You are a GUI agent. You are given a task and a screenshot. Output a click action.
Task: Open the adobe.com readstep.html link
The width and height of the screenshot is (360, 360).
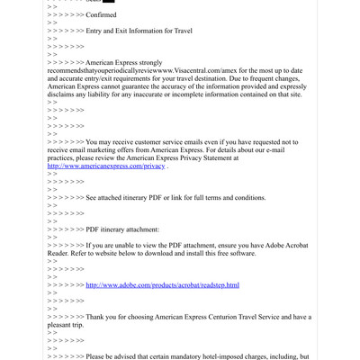click(162, 285)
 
